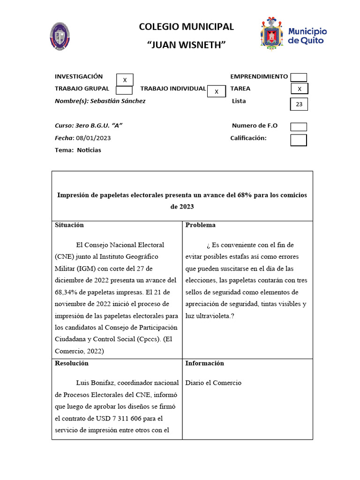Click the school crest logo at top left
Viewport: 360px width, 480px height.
click(60, 36)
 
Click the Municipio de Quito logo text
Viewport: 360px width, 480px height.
click(307, 36)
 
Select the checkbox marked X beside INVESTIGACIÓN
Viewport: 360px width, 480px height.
click(125, 80)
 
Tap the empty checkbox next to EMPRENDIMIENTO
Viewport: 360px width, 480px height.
click(299, 77)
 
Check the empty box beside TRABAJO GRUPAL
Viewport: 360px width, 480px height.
click(124, 90)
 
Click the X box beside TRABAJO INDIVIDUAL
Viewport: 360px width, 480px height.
click(216, 91)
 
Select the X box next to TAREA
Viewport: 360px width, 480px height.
click(299, 89)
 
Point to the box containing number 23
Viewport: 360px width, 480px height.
click(299, 104)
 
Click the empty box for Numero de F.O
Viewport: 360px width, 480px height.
click(299, 127)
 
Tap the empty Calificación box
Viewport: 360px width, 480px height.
click(299, 140)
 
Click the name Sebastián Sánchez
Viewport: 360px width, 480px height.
click(118, 101)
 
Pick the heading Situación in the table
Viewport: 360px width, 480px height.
click(69, 225)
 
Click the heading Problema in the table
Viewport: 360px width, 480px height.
click(201, 225)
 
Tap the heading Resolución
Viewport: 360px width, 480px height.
click(72, 363)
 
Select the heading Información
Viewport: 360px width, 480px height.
click(205, 363)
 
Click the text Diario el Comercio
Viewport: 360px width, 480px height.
click(213, 383)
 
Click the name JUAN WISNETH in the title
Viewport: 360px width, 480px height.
click(186, 45)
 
